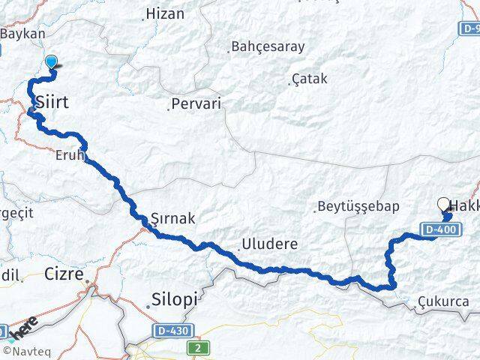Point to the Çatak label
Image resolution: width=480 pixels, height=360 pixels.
tap(310, 79)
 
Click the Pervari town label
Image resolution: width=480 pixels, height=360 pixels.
tap(196, 104)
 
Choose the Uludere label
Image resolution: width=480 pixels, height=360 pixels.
tap(269, 244)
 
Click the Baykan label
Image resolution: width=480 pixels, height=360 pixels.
tap(23, 34)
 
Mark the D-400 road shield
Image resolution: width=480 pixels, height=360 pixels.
tap(439, 229)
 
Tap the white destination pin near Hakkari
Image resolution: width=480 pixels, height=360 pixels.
tap(443, 204)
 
